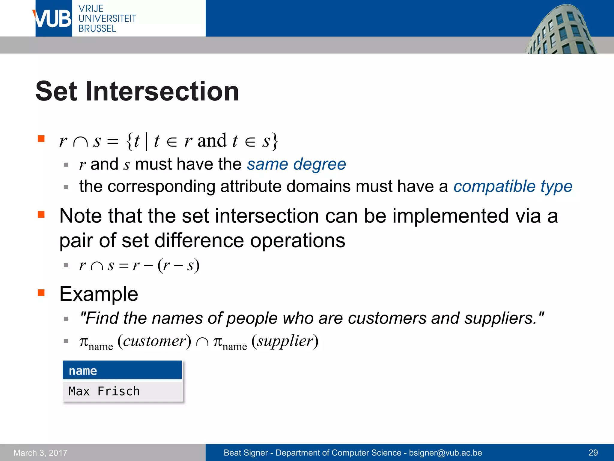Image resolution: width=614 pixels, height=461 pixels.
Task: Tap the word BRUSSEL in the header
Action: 97,29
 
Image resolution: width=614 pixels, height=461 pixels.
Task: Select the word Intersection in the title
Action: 162,91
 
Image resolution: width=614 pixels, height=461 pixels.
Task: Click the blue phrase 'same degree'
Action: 296,164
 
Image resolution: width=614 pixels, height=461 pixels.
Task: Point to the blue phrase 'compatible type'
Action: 513,186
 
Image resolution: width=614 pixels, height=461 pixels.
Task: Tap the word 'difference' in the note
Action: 199,241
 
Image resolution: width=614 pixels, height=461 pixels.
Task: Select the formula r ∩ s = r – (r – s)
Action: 139,265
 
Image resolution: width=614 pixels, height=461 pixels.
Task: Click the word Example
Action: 99,294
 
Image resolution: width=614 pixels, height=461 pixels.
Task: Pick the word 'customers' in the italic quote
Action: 387,318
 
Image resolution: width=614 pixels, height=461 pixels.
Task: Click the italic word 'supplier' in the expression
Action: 285,341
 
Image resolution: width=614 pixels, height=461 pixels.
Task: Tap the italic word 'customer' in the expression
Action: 154,341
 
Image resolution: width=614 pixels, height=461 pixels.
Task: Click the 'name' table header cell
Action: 122,371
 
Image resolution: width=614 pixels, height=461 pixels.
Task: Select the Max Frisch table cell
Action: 122,391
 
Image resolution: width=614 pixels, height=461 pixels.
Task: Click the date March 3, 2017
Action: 40,453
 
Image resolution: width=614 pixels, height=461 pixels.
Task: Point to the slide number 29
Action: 593,453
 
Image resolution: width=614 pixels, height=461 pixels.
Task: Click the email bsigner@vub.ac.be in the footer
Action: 445,453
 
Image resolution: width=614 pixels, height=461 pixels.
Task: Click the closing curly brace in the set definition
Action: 275,141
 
